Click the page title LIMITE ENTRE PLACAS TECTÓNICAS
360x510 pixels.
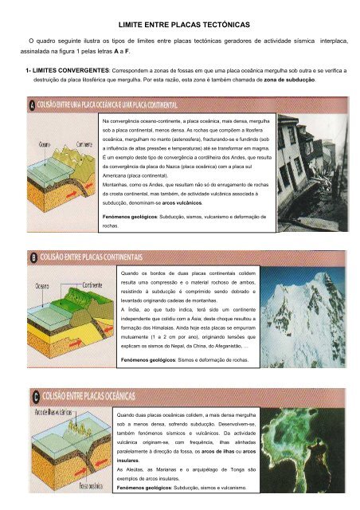[179, 25]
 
